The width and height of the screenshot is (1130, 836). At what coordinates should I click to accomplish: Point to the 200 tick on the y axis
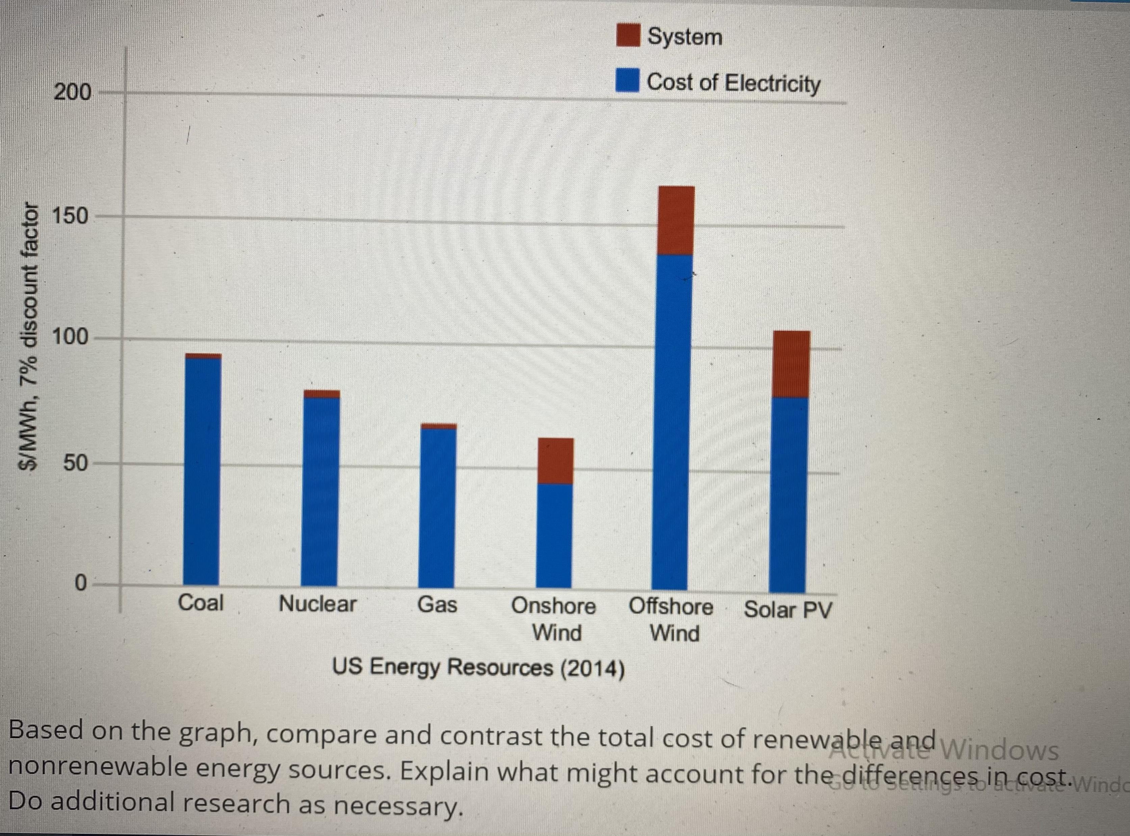click(73, 93)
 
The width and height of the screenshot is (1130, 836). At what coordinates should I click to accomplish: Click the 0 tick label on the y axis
click(81, 584)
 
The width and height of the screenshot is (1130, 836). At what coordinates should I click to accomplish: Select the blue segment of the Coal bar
click(202, 471)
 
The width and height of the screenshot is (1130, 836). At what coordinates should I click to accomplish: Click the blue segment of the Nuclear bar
click(320, 491)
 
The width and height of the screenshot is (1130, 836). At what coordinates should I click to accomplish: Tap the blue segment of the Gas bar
click(437, 506)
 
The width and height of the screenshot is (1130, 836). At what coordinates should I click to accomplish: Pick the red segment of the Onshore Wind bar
click(556, 461)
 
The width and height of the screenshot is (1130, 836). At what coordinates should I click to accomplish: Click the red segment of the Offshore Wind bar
click(675, 220)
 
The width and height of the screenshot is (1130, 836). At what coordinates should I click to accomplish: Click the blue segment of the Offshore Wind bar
click(672, 420)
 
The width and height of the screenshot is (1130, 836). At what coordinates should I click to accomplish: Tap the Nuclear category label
click(318, 604)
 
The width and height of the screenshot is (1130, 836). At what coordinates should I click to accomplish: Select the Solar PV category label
click(788, 609)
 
